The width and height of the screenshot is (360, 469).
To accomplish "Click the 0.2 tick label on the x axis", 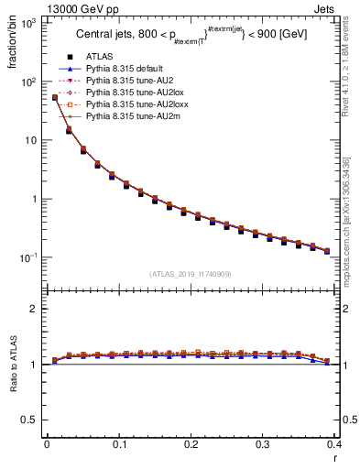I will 191,444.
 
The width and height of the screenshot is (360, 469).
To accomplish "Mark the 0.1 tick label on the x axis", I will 118,444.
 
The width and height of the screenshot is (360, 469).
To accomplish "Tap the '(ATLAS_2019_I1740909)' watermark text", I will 191,274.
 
